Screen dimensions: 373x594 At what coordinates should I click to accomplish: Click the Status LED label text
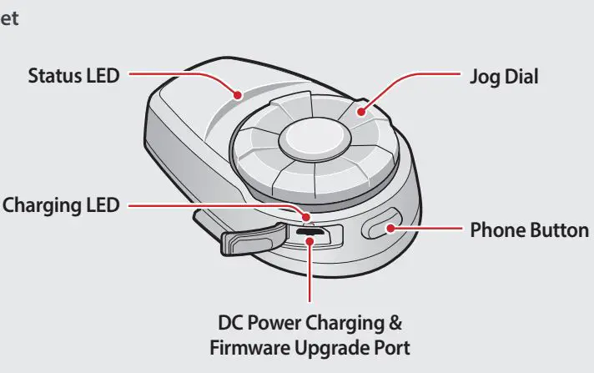pyautogui.click(x=73, y=76)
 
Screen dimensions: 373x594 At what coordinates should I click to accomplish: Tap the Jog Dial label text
pyautogui.click(x=500, y=76)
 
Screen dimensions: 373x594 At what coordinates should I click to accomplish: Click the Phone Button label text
pyautogui.click(x=530, y=229)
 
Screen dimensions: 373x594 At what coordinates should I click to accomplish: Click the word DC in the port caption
pyautogui.click(x=229, y=322)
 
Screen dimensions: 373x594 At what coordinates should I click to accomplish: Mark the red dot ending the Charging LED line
pyautogui.click(x=307, y=221)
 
